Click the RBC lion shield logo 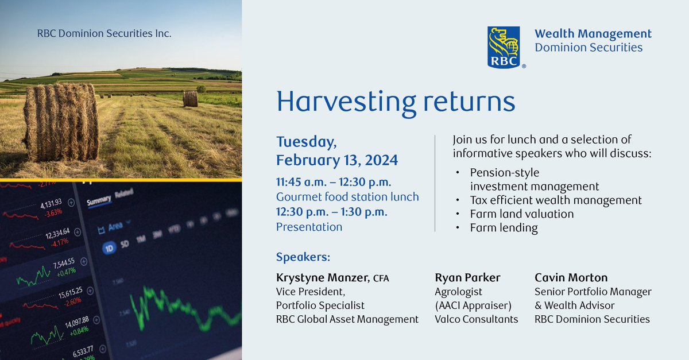pos(504,47)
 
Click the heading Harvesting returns pos(396,100)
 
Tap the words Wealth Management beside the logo pos(593,34)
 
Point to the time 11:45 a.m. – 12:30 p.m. pos(334,182)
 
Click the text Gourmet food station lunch pos(347,197)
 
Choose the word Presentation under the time pos(309,227)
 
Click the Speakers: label pos(303,257)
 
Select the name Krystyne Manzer pos(322,278)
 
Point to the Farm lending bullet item pos(504,228)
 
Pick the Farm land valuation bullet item pos(521,214)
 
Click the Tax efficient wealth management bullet pos(555,200)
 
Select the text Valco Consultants pos(477,319)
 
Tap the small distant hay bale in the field pos(190,99)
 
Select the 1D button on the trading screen pos(108,249)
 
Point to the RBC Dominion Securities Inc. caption pos(104,34)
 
